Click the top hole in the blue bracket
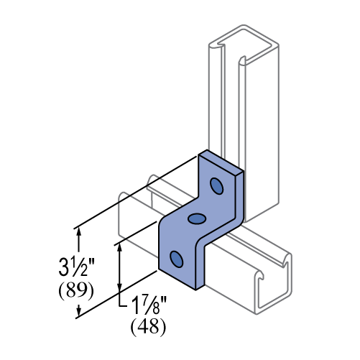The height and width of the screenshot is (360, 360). point(216,186)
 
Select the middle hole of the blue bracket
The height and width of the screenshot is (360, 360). point(197,218)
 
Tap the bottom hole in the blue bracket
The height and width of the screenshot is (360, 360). point(177,259)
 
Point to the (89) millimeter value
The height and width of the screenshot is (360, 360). point(76,291)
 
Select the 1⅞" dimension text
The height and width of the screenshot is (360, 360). point(149,305)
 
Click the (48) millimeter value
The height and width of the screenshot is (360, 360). point(148,327)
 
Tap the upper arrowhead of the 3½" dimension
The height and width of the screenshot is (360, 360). point(79,232)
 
